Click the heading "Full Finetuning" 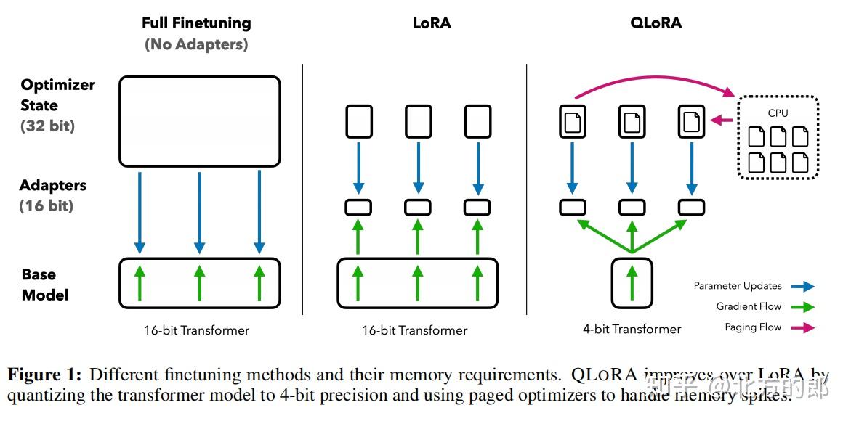pyautogui.click(x=196, y=23)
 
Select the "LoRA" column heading pyautogui.click(x=432, y=23)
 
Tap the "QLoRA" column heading pyautogui.click(x=656, y=23)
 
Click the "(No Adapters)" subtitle pyautogui.click(x=196, y=44)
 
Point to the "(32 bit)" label pyautogui.click(x=47, y=126)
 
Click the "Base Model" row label pyautogui.click(x=45, y=285)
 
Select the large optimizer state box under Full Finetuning pyautogui.click(x=199, y=121)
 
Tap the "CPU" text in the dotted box pyautogui.click(x=778, y=113)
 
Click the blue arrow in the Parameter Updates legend pyautogui.click(x=804, y=287)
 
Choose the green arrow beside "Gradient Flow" pyautogui.click(x=804, y=307)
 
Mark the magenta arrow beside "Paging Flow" pyautogui.click(x=804, y=327)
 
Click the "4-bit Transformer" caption pyautogui.click(x=632, y=329)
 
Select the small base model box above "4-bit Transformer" pyautogui.click(x=632, y=282)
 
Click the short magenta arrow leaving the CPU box pyautogui.click(x=722, y=120)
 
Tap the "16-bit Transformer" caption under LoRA pyautogui.click(x=415, y=330)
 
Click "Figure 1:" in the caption pyautogui.click(x=44, y=375)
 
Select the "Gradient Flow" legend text pyautogui.click(x=749, y=307)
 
